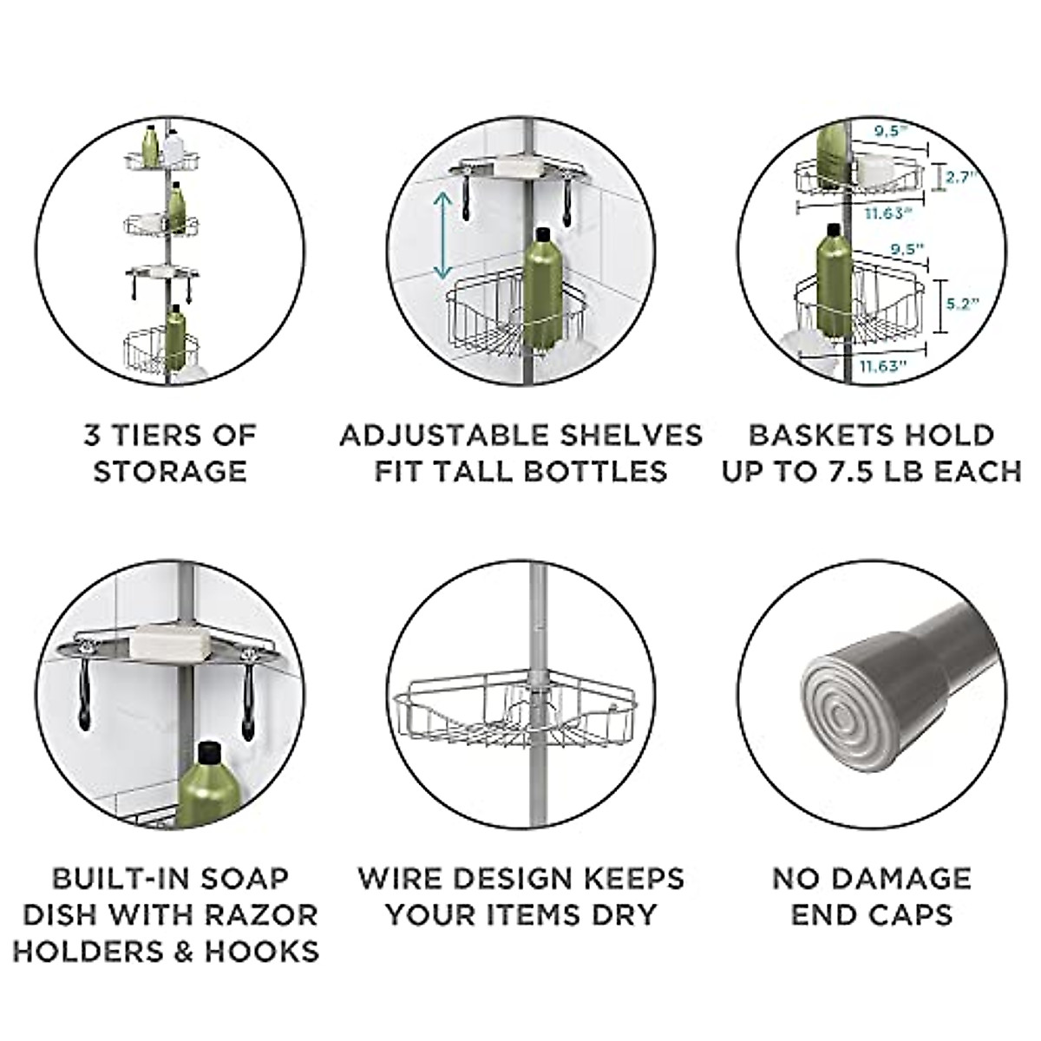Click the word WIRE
[x=403, y=878]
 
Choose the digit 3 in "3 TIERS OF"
[x=92, y=434]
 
